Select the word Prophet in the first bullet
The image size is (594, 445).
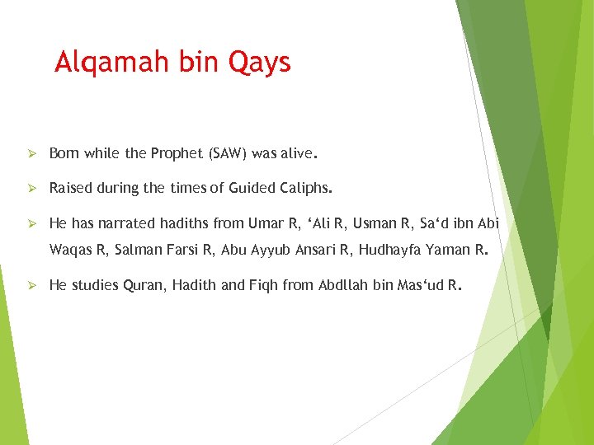[x=177, y=153]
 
